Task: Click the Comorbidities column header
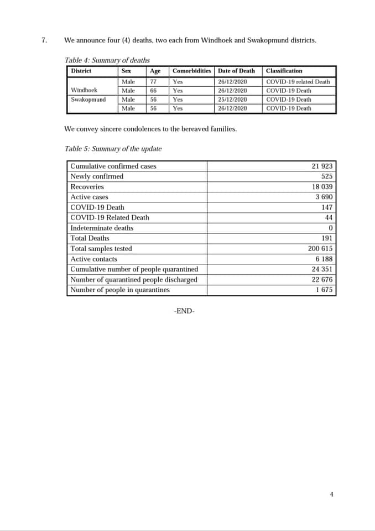pyautogui.click(x=191, y=71)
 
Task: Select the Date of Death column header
pyautogui.click(x=236, y=71)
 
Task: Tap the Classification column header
pyautogui.click(x=284, y=71)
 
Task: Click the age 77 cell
pyautogui.click(x=153, y=82)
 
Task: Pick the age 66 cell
pyautogui.click(x=153, y=91)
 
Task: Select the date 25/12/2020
pyautogui.click(x=232, y=100)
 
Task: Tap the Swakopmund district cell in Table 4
pyautogui.click(x=88, y=100)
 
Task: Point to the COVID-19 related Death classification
pyautogui.click(x=298, y=82)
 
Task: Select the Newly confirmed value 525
pyautogui.click(x=326, y=176)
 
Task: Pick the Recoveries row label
pyautogui.click(x=87, y=187)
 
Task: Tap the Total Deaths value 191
pyautogui.click(x=326, y=238)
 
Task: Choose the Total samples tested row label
pyautogui.click(x=101, y=249)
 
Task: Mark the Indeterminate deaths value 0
pyautogui.click(x=330, y=228)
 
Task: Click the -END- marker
pyautogui.click(x=184, y=311)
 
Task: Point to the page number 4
pyautogui.click(x=331, y=494)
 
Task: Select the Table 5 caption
pyautogui.click(x=113, y=149)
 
